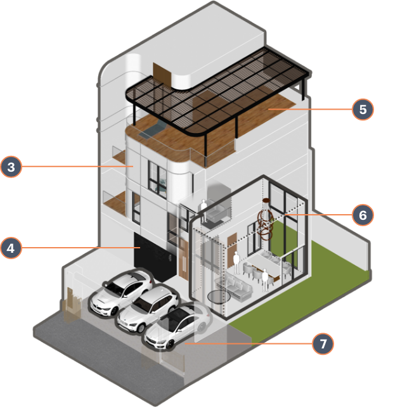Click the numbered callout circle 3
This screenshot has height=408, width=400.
pyautogui.click(x=11, y=167)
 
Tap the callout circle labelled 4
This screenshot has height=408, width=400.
pyautogui.click(x=11, y=248)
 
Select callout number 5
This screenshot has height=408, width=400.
pyautogui.click(x=363, y=109)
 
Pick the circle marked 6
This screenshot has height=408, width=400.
pyautogui.click(x=363, y=215)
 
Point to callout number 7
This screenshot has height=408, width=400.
pyautogui.click(x=323, y=344)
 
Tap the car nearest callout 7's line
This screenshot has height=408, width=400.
pyautogui.click(x=179, y=326)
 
